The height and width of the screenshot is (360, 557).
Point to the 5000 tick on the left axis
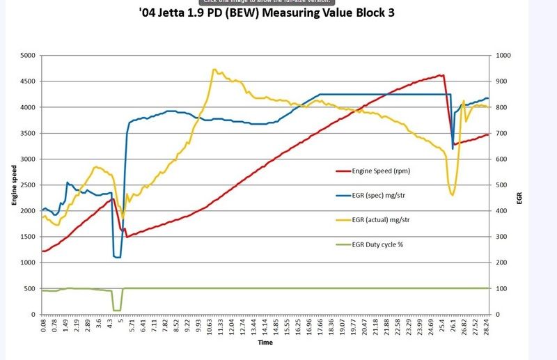[x=30, y=56]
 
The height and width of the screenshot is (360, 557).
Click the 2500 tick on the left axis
[x=30, y=185]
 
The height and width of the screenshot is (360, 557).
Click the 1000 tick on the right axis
[x=502, y=56]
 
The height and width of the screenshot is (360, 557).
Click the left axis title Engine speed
[x=14, y=185]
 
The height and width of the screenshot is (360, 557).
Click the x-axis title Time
[x=265, y=343]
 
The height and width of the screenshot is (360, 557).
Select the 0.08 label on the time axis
[x=44, y=326]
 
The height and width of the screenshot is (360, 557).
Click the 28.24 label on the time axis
[x=487, y=326]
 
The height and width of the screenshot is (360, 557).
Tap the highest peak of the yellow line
[x=214, y=69]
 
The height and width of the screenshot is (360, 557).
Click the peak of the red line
[x=440, y=75]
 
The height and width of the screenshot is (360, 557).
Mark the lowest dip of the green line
[x=116, y=311]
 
